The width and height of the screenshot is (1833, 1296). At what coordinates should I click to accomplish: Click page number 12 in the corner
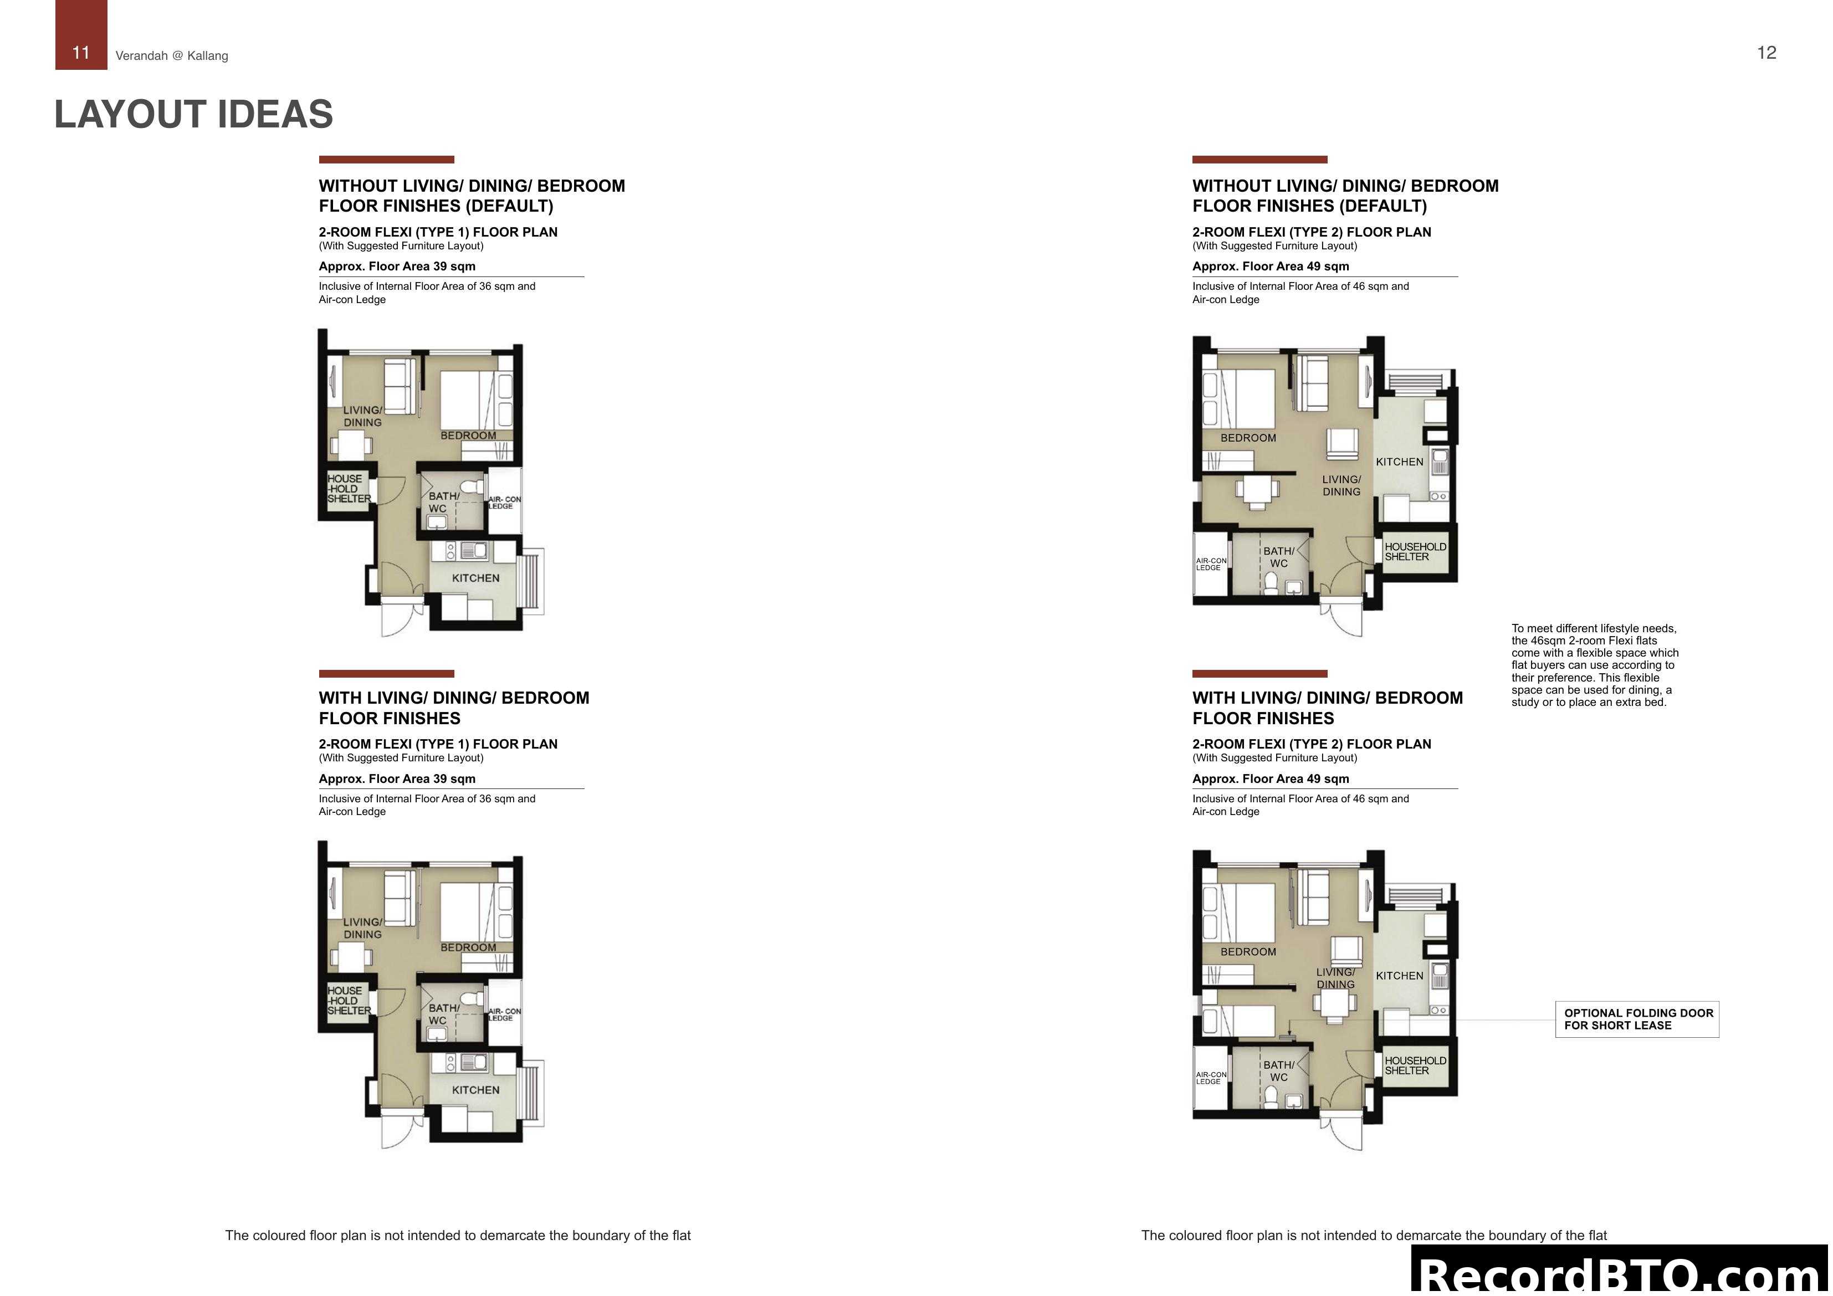coord(1766,53)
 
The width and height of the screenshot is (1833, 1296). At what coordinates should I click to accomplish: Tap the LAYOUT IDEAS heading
coord(193,114)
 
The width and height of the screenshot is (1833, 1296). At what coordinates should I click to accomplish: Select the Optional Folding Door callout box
coord(1637,1019)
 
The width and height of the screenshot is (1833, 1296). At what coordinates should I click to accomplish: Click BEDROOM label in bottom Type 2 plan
coord(1248,952)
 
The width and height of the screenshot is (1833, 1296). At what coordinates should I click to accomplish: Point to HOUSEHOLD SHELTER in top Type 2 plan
coord(1415,552)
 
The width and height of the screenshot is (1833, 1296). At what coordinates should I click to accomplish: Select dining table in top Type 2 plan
coord(1257,489)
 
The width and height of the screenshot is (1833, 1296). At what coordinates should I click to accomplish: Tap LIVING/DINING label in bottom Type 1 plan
coord(362,928)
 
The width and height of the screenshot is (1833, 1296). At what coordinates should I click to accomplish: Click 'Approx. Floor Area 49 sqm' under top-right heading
coord(1270,267)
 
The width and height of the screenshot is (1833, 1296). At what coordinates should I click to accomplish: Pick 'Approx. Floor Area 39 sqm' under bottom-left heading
coord(397,778)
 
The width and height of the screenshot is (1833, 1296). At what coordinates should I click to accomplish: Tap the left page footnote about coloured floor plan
coord(458,1235)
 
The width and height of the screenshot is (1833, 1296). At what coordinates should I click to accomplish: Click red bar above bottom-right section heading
coord(1259,673)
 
